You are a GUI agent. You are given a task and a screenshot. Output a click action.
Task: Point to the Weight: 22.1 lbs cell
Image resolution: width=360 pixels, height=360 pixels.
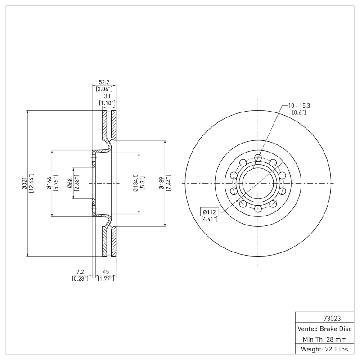click(x=324, y=349)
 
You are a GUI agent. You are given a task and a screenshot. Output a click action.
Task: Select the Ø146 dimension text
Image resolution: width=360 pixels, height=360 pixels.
click(x=49, y=184)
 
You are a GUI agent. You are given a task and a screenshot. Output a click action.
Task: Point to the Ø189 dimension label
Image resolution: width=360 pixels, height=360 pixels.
click(x=162, y=184)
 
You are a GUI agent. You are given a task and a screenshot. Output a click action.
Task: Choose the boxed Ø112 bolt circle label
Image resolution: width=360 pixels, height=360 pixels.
click(x=210, y=211)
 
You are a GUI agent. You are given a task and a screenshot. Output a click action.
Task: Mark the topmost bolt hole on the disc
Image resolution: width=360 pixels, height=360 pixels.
click(x=258, y=157)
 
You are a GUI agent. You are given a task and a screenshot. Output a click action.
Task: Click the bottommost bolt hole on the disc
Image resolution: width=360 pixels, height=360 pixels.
click(x=258, y=209)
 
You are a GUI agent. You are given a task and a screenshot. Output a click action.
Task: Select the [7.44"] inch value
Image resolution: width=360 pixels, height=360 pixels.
click(x=169, y=184)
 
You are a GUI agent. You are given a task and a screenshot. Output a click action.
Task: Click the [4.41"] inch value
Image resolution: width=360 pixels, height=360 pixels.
click(x=210, y=219)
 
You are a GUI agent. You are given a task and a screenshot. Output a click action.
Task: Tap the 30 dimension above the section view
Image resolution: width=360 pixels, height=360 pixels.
click(x=107, y=96)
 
